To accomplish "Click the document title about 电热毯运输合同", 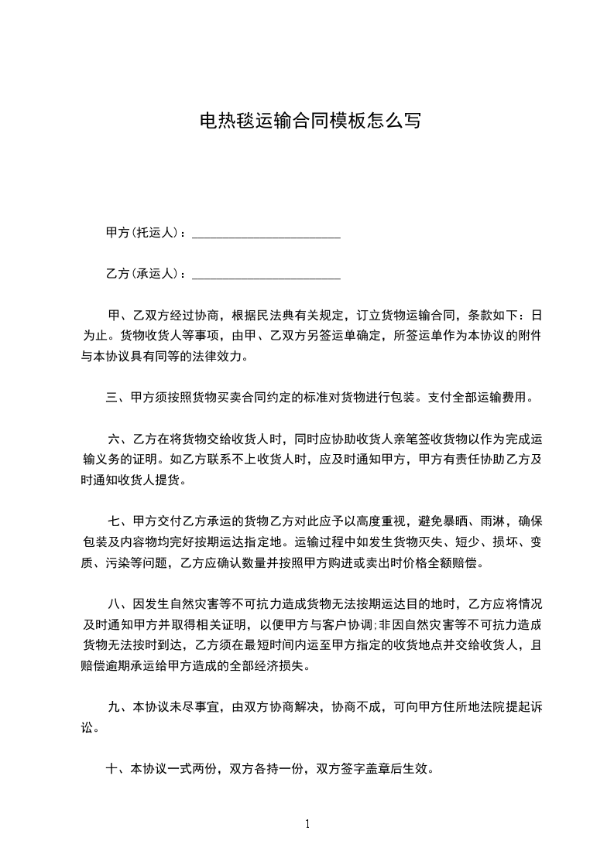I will [x=310, y=121].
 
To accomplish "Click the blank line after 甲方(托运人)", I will [x=266, y=234].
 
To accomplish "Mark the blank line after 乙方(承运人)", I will [x=266, y=276].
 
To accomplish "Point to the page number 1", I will [x=307, y=824].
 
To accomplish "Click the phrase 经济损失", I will [x=291, y=667].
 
